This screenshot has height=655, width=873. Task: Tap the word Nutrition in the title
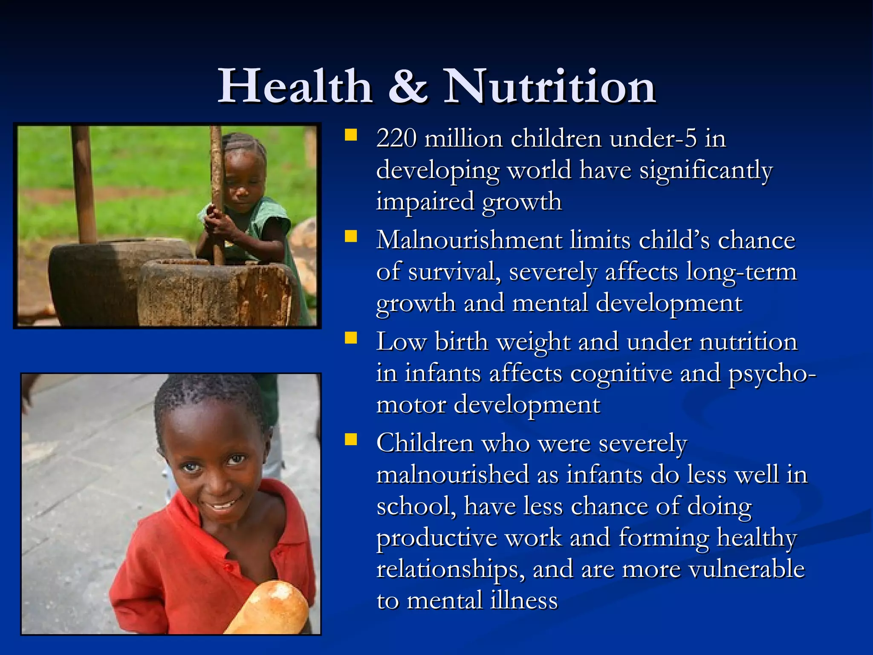click(x=549, y=87)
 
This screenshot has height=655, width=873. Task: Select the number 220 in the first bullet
click(x=396, y=139)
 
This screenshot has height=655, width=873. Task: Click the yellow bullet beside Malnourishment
click(x=351, y=236)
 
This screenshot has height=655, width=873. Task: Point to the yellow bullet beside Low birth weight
click(x=351, y=338)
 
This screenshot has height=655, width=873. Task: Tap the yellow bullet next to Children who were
click(x=351, y=439)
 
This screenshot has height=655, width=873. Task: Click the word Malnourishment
click(x=469, y=240)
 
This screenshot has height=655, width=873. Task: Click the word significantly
click(x=706, y=171)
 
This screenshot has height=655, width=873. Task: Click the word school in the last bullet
click(x=416, y=507)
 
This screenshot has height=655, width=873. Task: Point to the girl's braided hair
click(x=245, y=145)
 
